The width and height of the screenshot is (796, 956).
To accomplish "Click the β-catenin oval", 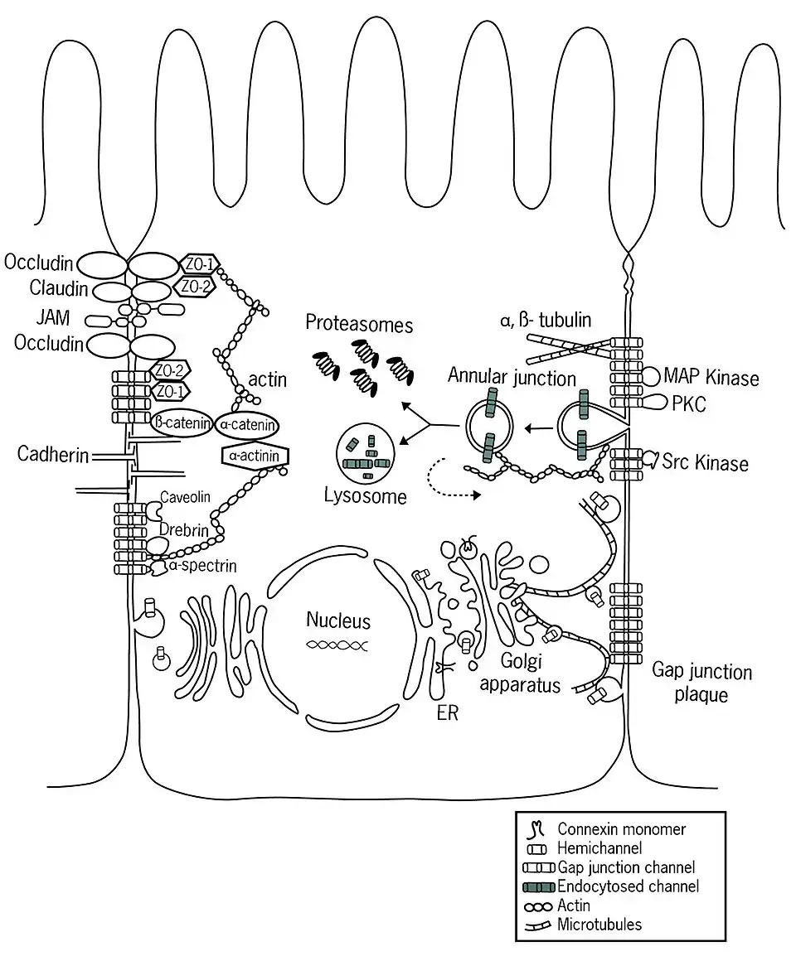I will [x=181, y=422].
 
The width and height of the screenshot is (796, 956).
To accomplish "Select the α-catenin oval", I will [x=246, y=423].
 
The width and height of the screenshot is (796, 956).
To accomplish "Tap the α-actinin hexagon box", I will [x=255, y=455].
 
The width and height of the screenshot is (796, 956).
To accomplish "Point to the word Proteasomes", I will [x=359, y=324].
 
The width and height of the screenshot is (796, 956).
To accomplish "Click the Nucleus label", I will [x=338, y=620].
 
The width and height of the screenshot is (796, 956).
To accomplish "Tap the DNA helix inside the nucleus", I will [x=337, y=644].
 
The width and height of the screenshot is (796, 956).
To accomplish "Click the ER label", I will [x=448, y=713].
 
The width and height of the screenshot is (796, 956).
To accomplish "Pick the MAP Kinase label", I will [x=711, y=379].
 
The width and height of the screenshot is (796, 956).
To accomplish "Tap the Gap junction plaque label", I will [x=701, y=682].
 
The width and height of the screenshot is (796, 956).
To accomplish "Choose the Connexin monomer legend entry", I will [x=621, y=828].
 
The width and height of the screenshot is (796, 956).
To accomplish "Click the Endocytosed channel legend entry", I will [x=628, y=886].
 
